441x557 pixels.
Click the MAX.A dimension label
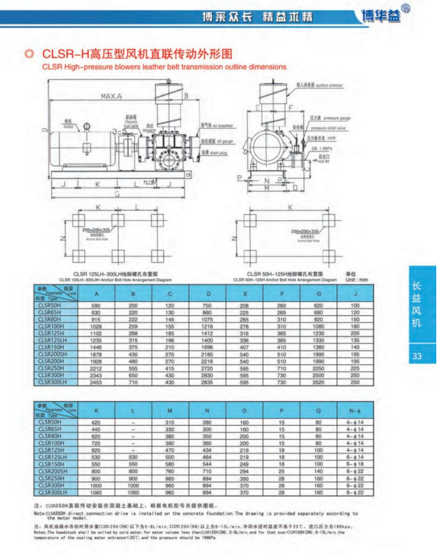(111, 96)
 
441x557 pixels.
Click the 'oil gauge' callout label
(215, 141)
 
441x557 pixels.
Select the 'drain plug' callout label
(213, 151)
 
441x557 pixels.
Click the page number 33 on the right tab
(418, 356)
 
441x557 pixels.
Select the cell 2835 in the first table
(209, 383)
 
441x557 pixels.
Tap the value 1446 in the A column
(96, 349)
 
